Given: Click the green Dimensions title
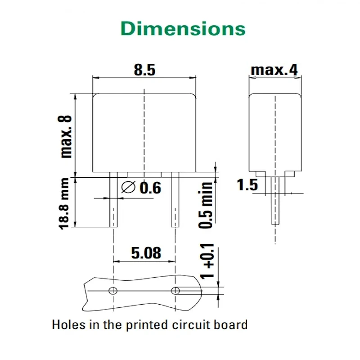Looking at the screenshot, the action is [183, 28].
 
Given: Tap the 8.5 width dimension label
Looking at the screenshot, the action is [144, 70].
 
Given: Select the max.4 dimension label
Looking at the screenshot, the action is [274, 70].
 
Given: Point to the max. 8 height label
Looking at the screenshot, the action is [65, 137].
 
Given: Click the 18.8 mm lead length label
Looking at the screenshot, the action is [64, 203].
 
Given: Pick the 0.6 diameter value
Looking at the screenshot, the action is [150, 188].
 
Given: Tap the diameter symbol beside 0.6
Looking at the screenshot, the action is [128, 187].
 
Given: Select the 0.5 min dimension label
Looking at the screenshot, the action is [206, 205].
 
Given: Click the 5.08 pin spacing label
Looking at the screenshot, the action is [146, 253].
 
